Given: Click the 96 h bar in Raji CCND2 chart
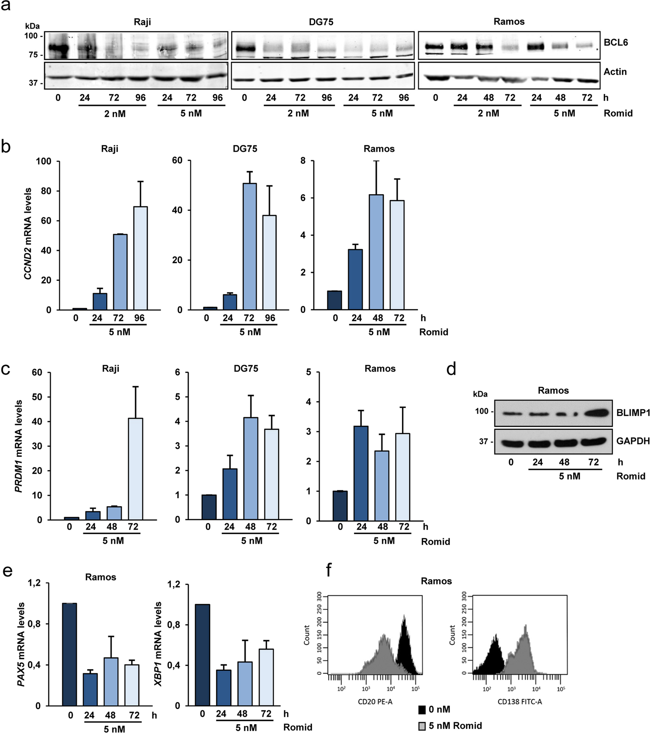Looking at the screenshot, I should pyautogui.click(x=140, y=258).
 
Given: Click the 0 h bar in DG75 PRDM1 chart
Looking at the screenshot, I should pyautogui.click(x=209, y=507).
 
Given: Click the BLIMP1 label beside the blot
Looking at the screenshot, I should pyautogui.click(x=633, y=413).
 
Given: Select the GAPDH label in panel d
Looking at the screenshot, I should pyautogui.click(x=632, y=441).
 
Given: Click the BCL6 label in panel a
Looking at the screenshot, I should pyautogui.click(x=615, y=42).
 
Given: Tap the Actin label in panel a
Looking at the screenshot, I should pyautogui.click(x=615, y=72).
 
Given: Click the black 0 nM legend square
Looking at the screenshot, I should pyautogui.click(x=422, y=709).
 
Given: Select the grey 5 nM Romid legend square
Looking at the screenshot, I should pyautogui.click(x=422, y=726).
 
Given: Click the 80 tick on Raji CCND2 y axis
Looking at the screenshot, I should pyautogui.click(x=46, y=191).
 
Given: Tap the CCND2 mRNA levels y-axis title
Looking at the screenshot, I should pyautogui.click(x=28, y=234).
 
